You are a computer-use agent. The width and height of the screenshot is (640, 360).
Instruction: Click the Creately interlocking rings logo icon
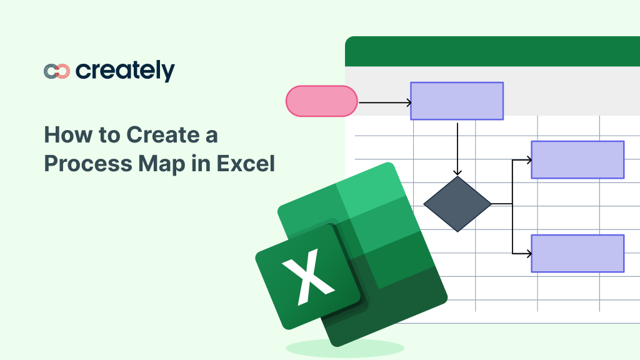tap(57, 71)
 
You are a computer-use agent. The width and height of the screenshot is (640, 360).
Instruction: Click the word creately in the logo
tap(125, 71)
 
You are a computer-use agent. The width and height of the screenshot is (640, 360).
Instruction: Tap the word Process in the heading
tap(88, 163)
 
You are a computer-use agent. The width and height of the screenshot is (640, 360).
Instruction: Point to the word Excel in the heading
tap(246, 163)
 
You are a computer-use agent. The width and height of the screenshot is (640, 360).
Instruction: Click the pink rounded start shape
tap(322, 101)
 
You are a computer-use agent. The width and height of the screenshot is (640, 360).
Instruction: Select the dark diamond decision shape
tap(457, 204)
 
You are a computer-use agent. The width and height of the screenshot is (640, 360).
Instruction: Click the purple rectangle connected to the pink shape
tap(457, 101)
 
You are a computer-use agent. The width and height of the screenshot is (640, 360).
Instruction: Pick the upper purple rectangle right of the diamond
tap(577, 159)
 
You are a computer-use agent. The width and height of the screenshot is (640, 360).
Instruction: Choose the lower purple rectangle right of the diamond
tap(577, 254)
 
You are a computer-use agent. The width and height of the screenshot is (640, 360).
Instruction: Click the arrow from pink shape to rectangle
tap(384, 103)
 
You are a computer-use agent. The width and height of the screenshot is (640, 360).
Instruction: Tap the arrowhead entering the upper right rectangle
tap(528, 160)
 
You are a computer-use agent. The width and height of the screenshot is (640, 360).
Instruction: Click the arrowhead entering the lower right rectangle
tap(528, 254)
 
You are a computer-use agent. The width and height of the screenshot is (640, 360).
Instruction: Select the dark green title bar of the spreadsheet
tap(492, 51)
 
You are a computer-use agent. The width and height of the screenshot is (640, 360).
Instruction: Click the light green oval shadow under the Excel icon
tap(345, 348)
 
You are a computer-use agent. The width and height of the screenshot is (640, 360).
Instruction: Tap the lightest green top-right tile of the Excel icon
tap(370, 190)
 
